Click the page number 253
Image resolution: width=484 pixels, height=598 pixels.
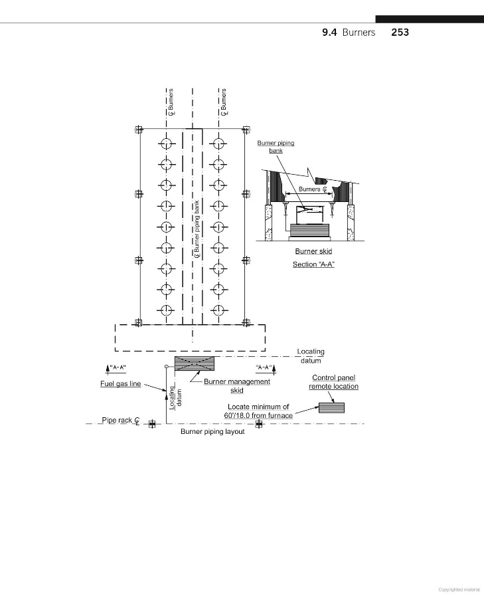[400, 32]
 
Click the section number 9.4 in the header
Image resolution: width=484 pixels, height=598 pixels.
[330, 32]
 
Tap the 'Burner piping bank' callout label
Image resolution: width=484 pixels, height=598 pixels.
[276, 146]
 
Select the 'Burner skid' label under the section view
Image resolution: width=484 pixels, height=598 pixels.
[313, 251]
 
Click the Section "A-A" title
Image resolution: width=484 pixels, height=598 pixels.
[313, 264]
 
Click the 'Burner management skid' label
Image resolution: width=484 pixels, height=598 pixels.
[237, 386]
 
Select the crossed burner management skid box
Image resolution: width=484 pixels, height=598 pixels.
[195, 363]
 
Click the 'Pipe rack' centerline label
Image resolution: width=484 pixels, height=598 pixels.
[120, 421]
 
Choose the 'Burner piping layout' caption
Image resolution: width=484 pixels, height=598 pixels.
[212, 432]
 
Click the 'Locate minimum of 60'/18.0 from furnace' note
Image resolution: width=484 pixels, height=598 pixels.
[258, 411]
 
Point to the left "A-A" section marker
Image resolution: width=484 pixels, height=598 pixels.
[116, 367]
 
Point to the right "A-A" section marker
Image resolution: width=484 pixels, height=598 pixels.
[266, 367]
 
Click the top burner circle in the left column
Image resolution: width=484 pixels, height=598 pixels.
[165, 143]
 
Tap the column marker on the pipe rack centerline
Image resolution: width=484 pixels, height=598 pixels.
[152, 424]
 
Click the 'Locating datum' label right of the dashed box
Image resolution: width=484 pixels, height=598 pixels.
[310, 355]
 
